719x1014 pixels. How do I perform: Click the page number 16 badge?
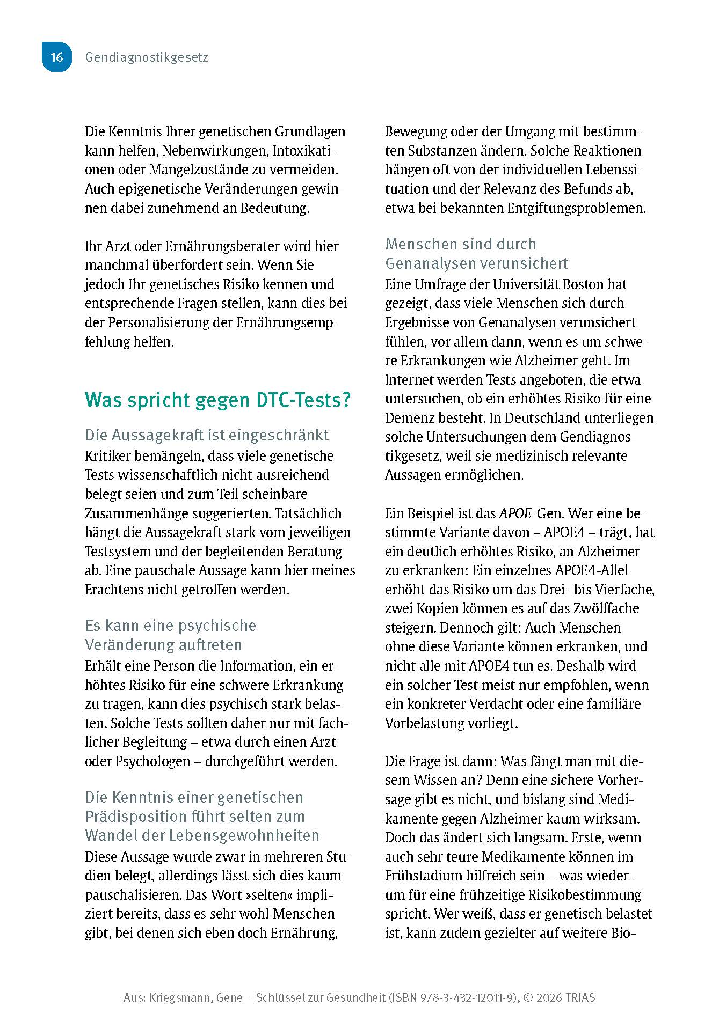coord(56,57)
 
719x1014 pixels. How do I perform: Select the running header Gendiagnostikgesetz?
coord(147,57)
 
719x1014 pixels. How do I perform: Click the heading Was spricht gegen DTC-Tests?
coord(218,400)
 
